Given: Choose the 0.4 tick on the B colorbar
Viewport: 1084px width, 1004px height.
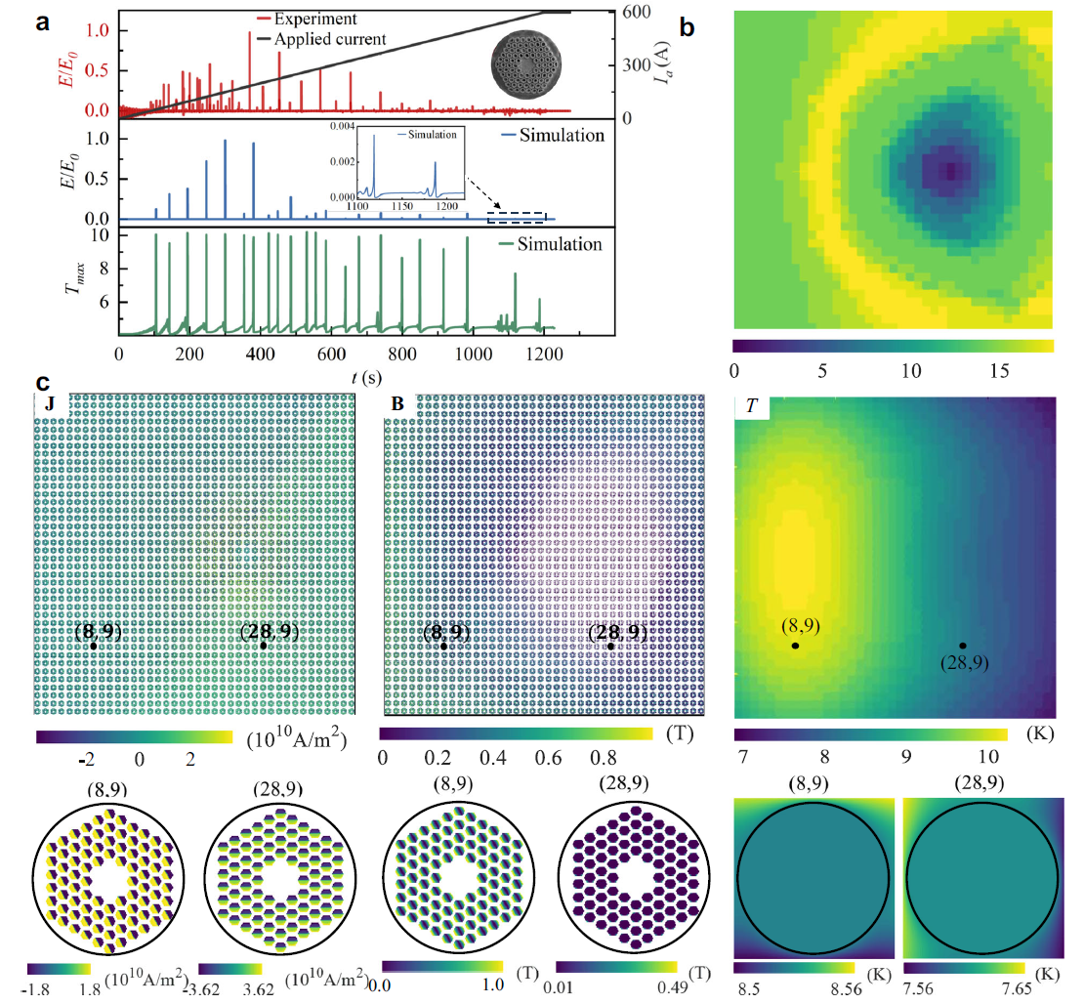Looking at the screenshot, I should coord(498,757).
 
